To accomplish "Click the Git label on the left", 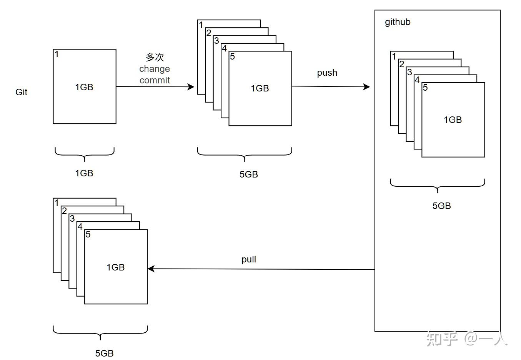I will click(22, 92).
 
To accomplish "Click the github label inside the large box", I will click(398, 22).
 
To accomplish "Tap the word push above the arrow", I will click(327, 73).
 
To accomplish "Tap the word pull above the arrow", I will click(249, 259).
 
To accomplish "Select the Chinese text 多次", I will click(155, 57).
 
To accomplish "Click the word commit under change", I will click(155, 80).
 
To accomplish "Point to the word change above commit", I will click(155, 69).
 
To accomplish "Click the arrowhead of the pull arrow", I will click(151, 269).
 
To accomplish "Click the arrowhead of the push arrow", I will click(366, 87).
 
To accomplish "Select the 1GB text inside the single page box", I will click(84, 87).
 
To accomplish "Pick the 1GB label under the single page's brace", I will click(84, 173).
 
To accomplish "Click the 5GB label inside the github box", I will click(441, 206).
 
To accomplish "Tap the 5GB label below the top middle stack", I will click(248, 174).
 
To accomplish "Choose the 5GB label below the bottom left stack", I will click(104, 353).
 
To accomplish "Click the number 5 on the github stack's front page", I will click(425, 88).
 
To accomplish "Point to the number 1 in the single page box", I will click(57, 54).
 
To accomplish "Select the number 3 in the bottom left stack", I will click(72, 219).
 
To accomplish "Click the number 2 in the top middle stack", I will click(209, 33).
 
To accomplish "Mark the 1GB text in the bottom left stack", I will click(115, 267).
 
